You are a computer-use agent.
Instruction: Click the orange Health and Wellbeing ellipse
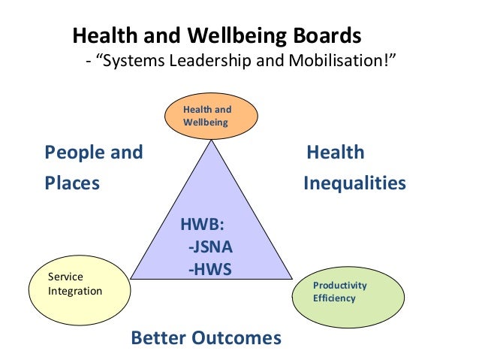pyautogui.click(x=211, y=116)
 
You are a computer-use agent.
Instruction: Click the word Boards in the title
pyautogui.click(x=324, y=36)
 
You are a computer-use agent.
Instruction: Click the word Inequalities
pyautogui.click(x=354, y=183)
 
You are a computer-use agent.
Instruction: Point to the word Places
pyautogui.click(x=72, y=183)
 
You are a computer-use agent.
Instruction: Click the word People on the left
pyautogui.click(x=74, y=153)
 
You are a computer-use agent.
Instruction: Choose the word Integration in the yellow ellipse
pyautogui.click(x=75, y=291)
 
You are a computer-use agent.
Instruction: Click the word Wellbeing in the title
pyautogui.click(x=232, y=36)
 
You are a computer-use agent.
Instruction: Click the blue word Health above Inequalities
pyautogui.click(x=336, y=153)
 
